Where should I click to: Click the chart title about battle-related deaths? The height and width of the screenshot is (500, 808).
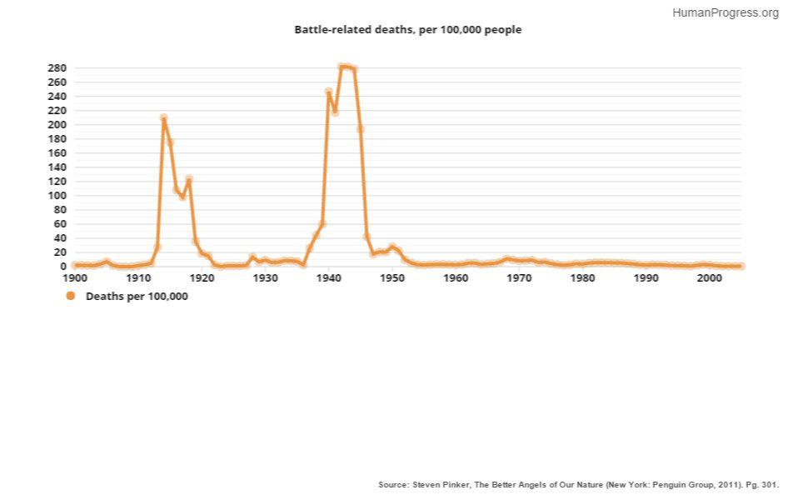coord(407,30)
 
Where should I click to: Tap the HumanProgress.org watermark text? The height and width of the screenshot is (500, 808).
coord(725,12)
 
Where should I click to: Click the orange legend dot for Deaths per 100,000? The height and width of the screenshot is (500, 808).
coord(70,296)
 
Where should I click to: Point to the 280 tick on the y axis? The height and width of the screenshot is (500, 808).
coord(57,67)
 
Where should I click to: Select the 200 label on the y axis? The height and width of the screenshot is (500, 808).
coord(57,124)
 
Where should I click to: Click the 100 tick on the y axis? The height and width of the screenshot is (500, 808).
coord(57,195)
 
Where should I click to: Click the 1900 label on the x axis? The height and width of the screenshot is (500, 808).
coord(75,278)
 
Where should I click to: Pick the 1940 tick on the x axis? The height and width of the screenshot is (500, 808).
coord(329,278)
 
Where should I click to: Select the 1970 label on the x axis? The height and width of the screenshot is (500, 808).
coord(519,278)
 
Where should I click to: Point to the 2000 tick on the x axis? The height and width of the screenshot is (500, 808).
coord(709,278)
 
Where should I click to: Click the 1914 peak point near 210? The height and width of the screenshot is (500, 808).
coord(163,117)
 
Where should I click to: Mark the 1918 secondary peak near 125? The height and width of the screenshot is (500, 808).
coord(189,179)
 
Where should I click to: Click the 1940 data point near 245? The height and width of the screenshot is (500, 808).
coord(328,92)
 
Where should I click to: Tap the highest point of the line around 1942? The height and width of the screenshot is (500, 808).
coord(342,66)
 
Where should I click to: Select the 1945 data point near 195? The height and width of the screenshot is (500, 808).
coord(361,128)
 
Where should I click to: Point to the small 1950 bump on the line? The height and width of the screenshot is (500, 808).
coord(392,247)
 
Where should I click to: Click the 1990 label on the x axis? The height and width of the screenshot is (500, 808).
coord(646,278)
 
